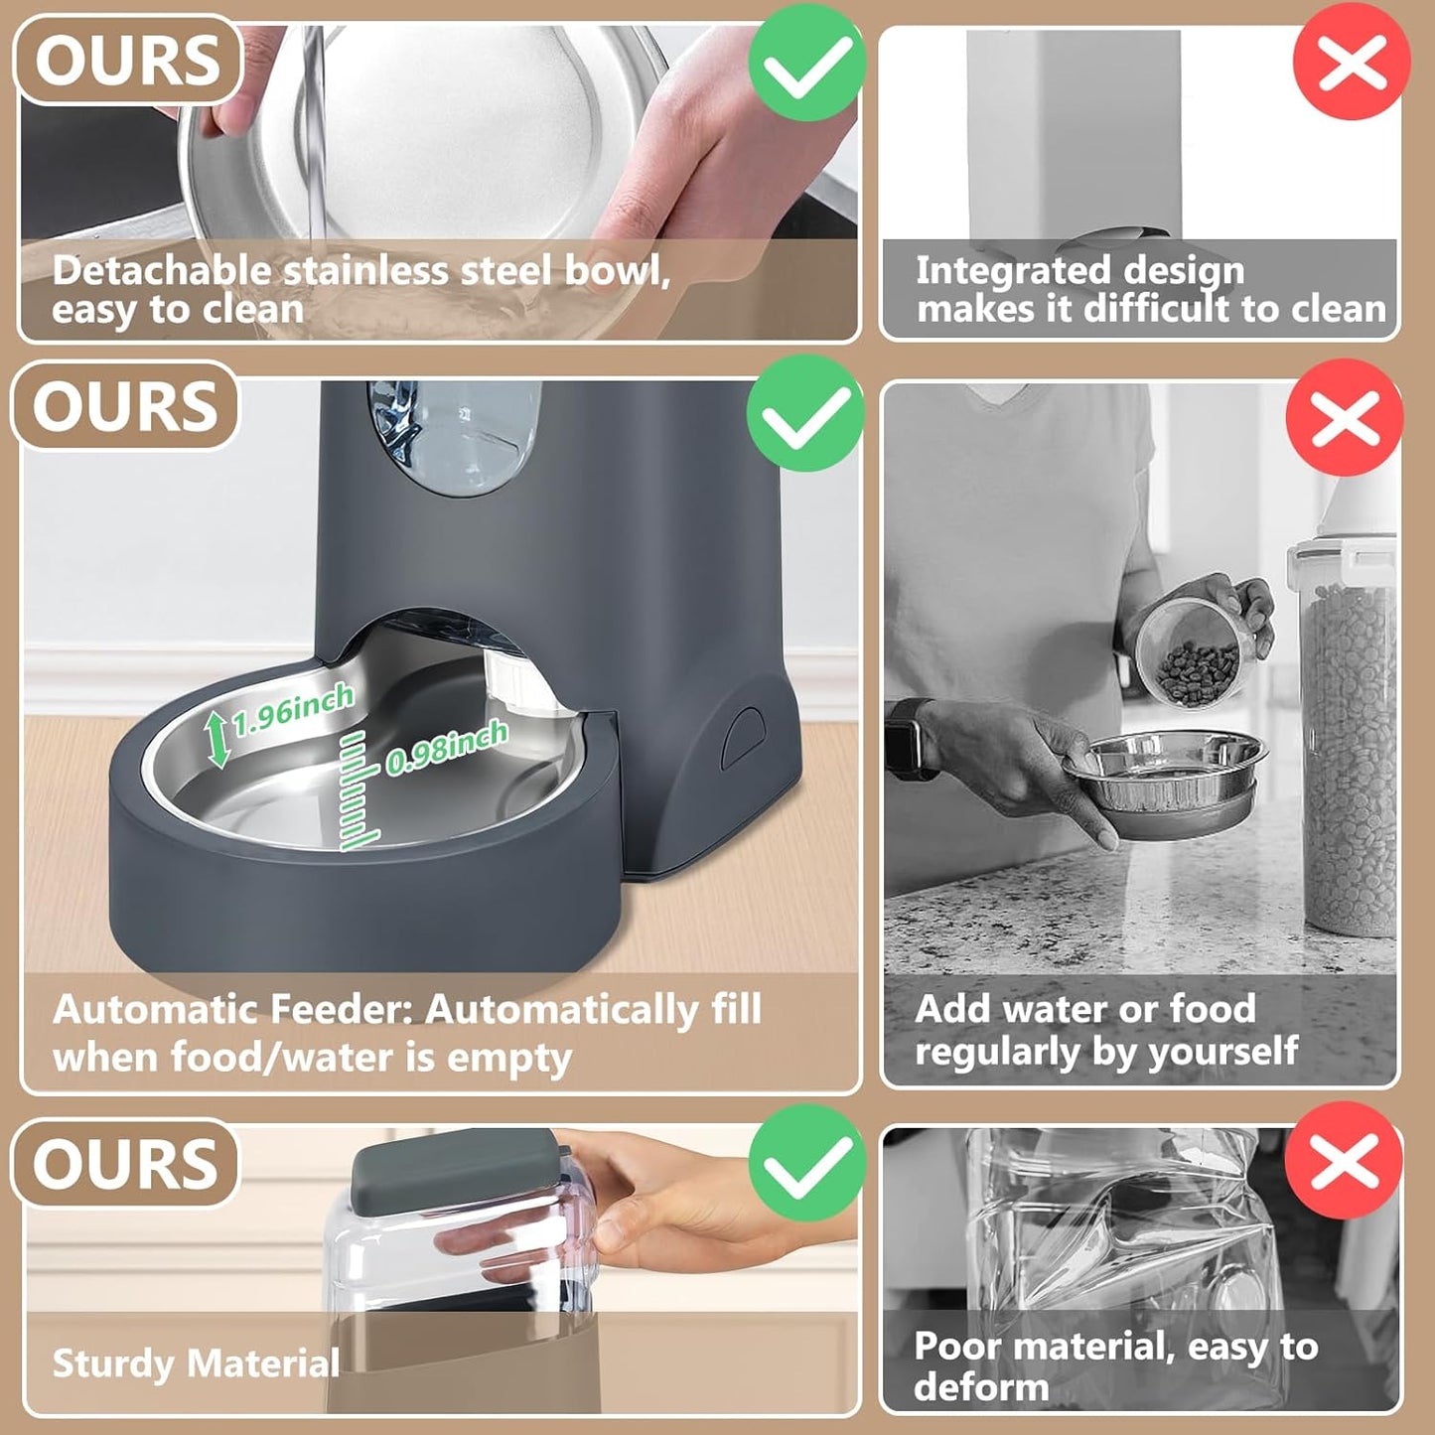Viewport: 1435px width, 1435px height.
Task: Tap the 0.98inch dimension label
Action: coord(447,748)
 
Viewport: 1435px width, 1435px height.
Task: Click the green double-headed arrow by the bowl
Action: coord(218,741)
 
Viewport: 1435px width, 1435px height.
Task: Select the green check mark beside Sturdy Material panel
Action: coord(806,1163)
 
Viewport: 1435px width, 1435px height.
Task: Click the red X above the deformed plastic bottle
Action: coord(1344,1161)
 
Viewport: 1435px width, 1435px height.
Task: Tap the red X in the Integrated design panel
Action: coord(1352,63)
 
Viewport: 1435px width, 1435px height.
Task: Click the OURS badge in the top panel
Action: coord(128,61)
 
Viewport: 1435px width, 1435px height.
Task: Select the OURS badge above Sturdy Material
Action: coord(125,1164)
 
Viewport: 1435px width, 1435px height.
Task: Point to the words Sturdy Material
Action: coord(196,1363)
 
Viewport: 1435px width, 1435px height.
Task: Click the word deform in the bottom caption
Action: coord(981,1387)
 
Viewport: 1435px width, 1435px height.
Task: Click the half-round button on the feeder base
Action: coord(743,736)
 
